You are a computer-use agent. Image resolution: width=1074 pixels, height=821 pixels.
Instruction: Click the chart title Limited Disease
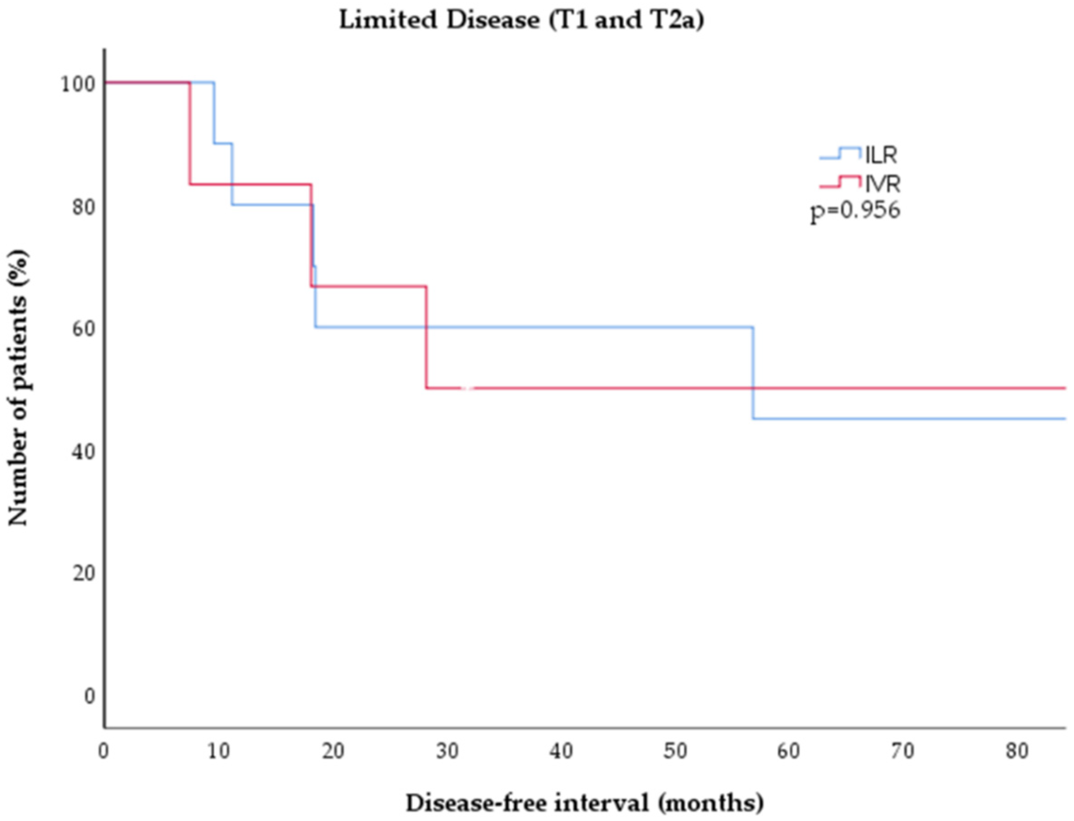[522, 20]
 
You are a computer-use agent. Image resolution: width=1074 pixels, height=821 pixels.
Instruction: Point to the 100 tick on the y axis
[78, 84]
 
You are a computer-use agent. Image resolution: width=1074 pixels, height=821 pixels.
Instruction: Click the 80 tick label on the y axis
[83, 207]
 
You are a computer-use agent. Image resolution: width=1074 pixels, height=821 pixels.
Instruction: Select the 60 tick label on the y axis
[83, 329]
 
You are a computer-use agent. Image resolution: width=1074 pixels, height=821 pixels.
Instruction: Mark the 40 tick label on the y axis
[83, 452]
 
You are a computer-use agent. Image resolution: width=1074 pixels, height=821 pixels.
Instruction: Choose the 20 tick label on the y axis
[83, 573]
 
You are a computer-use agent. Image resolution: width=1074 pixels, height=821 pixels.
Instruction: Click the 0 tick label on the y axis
[89, 696]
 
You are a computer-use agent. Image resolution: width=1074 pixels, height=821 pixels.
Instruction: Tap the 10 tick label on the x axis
[219, 751]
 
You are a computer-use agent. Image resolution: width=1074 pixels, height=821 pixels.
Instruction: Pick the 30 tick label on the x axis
[447, 751]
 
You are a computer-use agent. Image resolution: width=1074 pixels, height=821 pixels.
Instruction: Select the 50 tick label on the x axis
[675, 751]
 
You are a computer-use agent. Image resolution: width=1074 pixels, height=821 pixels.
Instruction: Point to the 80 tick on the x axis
[1017, 751]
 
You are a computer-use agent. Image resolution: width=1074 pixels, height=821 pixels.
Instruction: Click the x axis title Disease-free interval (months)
[584, 802]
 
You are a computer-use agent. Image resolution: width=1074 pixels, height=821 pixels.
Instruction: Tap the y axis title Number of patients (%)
[19, 388]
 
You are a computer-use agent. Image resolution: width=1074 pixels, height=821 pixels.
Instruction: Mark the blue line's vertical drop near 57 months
[753, 373]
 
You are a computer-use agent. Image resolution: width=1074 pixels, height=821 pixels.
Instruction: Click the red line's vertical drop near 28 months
[426, 337]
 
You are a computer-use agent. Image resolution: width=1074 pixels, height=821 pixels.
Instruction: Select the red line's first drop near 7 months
[189, 133]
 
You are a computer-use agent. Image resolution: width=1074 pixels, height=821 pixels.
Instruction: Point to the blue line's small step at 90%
[223, 143]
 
